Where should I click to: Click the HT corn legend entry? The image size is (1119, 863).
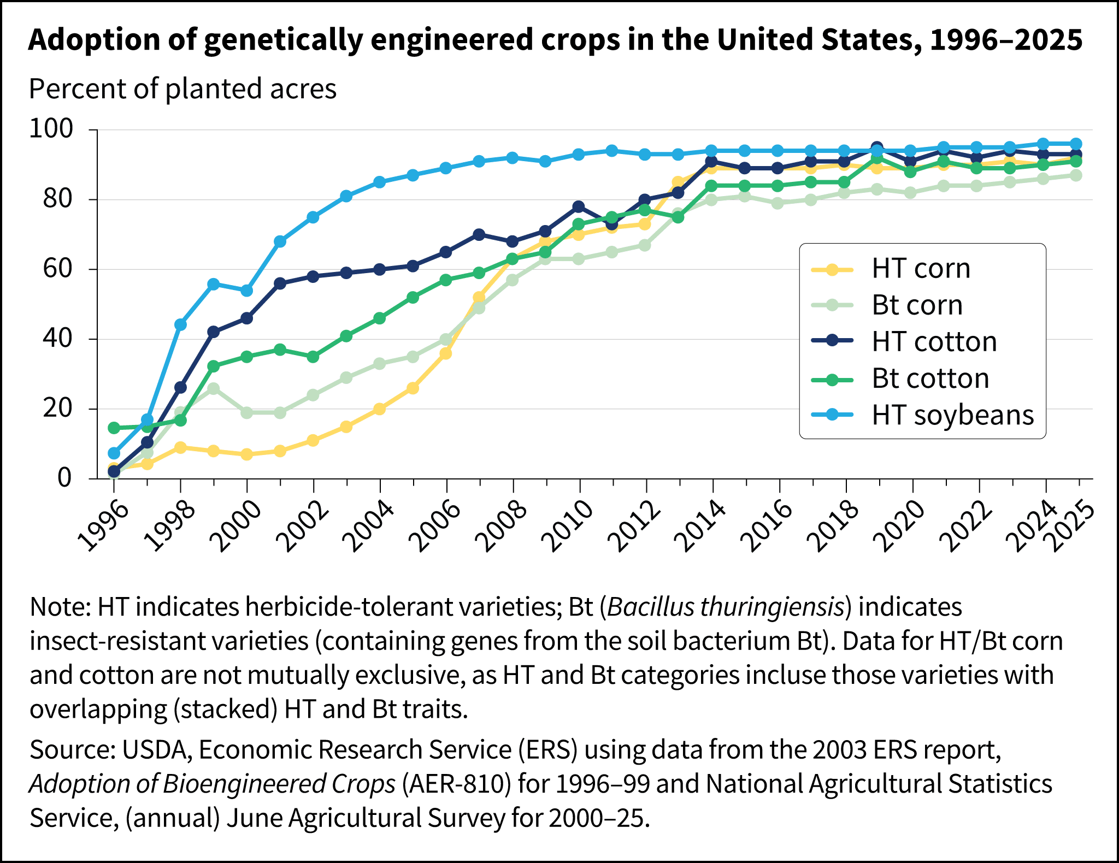[920, 269]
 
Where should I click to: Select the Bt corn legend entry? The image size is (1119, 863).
[916, 305]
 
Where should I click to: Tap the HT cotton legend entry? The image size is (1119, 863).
[934, 342]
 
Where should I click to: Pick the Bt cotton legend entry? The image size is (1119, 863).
[930, 379]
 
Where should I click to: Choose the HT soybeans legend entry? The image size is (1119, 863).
[952, 415]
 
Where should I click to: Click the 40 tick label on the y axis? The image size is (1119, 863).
[57, 339]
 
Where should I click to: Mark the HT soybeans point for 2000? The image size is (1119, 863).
[246, 291]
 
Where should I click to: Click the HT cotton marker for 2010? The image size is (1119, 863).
[579, 206]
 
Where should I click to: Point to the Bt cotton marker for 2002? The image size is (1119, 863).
[313, 357]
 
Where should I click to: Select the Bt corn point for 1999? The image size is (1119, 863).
[214, 389]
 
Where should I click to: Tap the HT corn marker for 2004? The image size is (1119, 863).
[380, 409]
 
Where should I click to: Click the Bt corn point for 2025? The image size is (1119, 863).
[1076, 175]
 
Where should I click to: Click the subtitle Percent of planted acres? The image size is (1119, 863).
[182, 88]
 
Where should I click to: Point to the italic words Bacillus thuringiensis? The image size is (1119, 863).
[726, 607]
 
